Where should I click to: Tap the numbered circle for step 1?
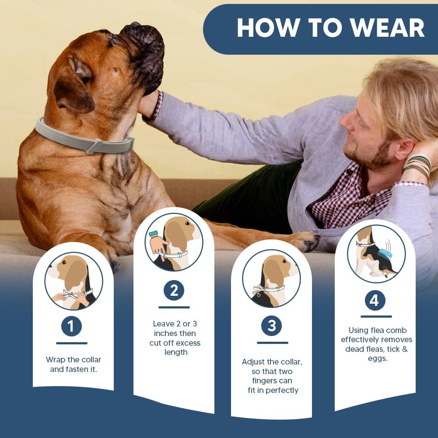(71, 326)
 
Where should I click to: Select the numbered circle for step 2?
(174, 291)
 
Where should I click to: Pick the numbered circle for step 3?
(272, 326)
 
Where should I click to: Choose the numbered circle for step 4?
(375, 301)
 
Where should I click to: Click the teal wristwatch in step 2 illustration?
(153, 234)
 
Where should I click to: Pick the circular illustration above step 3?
(271, 278)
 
